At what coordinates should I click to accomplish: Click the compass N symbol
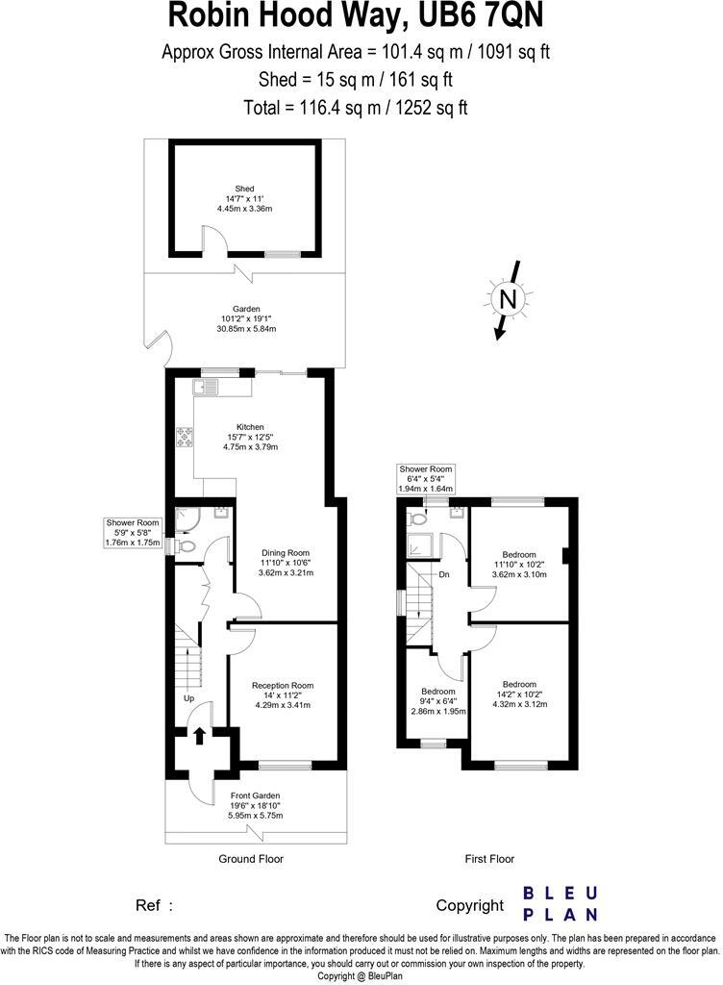coord(507,299)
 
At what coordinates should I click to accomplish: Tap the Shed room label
coord(244,189)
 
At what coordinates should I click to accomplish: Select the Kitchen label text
coord(251,427)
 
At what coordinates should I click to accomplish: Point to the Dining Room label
coord(286,553)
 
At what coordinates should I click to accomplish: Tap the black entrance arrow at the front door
coord(199,736)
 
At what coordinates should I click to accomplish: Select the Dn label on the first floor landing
coord(444,574)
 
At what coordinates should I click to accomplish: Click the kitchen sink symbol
coord(206,387)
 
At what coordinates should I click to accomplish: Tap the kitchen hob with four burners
coord(184,438)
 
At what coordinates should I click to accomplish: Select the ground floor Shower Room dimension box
coord(132,533)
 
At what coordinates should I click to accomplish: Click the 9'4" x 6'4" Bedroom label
coord(437,701)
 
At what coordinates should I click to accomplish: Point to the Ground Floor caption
coord(250,859)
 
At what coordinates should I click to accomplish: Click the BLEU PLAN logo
coord(560,904)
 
